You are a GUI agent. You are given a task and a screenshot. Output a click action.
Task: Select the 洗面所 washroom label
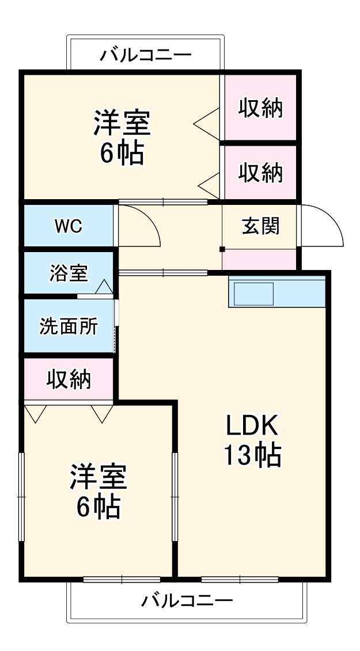pyautogui.click(x=69, y=326)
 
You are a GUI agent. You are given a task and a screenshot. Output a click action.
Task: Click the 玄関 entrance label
pyautogui.click(x=260, y=226)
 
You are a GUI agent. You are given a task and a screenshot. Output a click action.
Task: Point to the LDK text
pyautogui.click(x=252, y=427)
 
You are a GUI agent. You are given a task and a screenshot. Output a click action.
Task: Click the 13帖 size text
pyautogui.click(x=252, y=456)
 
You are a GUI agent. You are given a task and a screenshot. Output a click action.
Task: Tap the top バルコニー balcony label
pyautogui.click(x=145, y=56)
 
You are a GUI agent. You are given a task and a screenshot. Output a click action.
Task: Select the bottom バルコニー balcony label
pyautogui.click(x=187, y=602)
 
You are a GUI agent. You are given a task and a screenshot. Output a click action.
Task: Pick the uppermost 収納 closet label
pyautogui.click(x=261, y=108)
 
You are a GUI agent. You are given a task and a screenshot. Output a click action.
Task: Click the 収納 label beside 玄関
pyautogui.click(x=261, y=173)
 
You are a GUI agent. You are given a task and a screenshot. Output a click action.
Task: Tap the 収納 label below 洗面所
pyautogui.click(x=69, y=379)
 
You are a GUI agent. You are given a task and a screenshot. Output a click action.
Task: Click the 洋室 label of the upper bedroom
pyautogui.click(x=122, y=123)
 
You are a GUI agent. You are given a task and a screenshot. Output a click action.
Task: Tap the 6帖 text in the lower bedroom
pyautogui.click(x=98, y=507)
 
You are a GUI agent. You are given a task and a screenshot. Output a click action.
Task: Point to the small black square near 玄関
pyautogui.click(x=222, y=249)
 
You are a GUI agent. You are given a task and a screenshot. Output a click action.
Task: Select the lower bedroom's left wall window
pyautogui.click(x=22, y=496)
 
